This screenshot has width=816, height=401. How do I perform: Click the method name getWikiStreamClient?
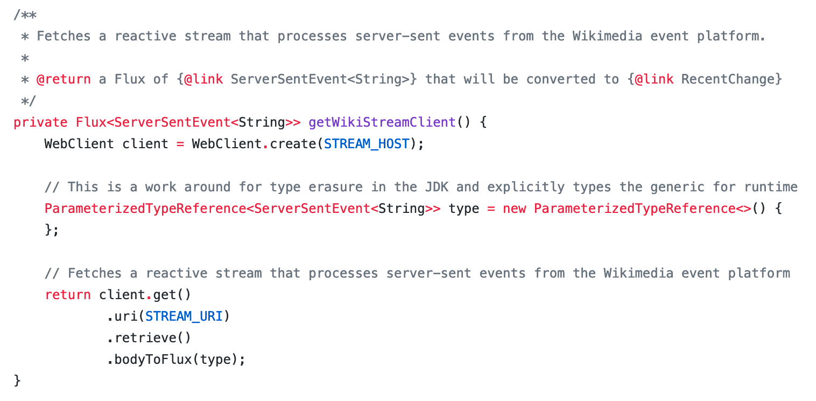tap(382, 122)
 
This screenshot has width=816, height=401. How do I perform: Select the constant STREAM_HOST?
tap(367, 144)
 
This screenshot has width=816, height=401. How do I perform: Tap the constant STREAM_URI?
tap(184, 316)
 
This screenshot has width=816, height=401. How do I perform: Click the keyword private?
tap(40, 122)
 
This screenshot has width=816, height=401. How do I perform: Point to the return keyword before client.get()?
tap(68, 295)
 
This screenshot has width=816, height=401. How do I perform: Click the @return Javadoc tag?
tap(64, 79)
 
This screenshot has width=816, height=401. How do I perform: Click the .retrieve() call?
tap(149, 338)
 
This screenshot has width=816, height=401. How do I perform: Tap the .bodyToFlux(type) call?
tap(176, 359)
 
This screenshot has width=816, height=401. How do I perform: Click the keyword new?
tap(514, 209)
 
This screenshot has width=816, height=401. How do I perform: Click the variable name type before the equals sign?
tap(463, 209)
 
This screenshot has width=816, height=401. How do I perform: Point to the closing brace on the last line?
tap(17, 381)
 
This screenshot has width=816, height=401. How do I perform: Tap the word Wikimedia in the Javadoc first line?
tap(607, 36)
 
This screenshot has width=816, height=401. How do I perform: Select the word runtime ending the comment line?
tap(771, 187)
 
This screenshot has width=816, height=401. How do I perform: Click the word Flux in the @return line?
tap(130, 79)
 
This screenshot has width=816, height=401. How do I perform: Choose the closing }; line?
tap(52, 230)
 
